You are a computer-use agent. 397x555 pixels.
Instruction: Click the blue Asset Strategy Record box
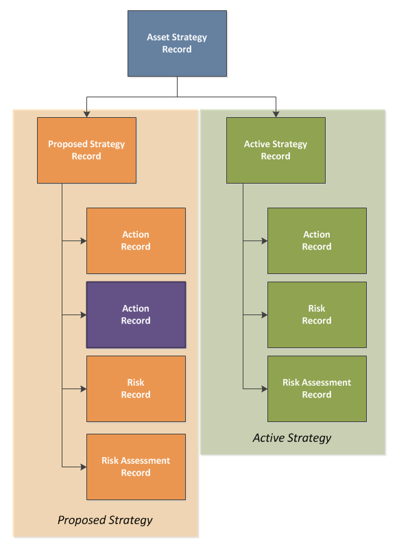click(177, 44)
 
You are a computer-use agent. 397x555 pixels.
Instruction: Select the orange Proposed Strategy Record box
click(87, 151)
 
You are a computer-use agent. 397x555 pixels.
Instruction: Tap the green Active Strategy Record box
click(276, 151)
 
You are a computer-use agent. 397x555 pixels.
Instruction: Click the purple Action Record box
click(136, 314)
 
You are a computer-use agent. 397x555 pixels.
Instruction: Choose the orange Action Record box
click(136, 241)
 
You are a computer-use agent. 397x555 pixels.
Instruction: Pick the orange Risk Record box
click(136, 388)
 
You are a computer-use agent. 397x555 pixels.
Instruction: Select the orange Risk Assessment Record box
click(136, 467)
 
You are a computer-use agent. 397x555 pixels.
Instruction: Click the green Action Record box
click(317, 241)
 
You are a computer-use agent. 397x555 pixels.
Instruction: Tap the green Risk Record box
click(317, 314)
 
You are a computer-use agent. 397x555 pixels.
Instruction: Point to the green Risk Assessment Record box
click(317, 388)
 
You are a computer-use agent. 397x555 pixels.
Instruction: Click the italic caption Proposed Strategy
click(105, 520)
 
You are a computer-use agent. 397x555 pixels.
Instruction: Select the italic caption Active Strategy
click(292, 439)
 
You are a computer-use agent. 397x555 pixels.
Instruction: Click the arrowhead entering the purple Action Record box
click(84, 314)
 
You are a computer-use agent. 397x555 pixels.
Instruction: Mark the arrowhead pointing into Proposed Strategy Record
click(87, 114)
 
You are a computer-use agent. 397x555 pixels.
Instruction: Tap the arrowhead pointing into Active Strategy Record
click(276, 114)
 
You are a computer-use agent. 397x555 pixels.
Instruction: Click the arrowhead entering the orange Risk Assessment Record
click(84, 467)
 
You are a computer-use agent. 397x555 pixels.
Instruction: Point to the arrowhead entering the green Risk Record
click(265, 314)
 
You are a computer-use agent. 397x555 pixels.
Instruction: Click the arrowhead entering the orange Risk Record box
click(84, 388)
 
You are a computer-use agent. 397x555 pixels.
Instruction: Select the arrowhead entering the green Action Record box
click(265, 241)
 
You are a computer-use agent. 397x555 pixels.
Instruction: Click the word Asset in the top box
click(157, 37)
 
